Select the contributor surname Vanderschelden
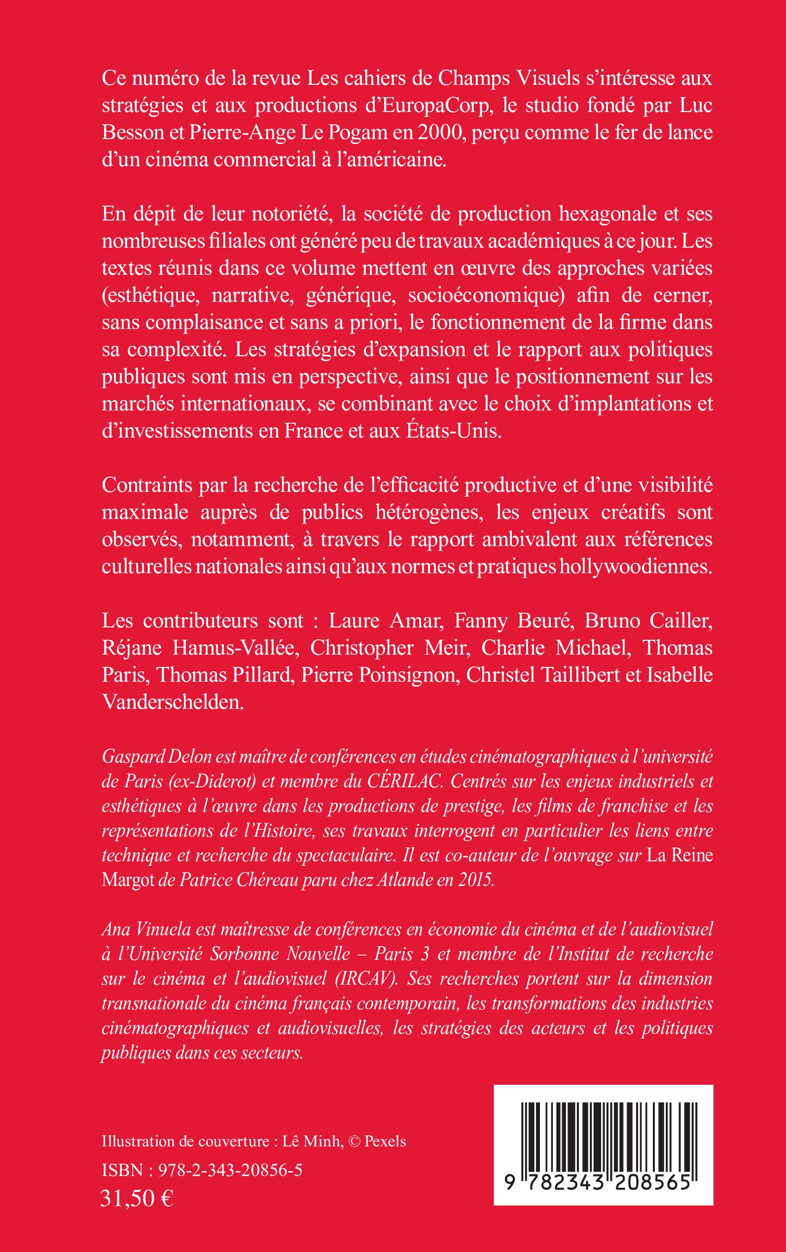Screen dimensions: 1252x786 tap(173, 702)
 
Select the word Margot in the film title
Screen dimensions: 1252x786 tap(128, 880)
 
